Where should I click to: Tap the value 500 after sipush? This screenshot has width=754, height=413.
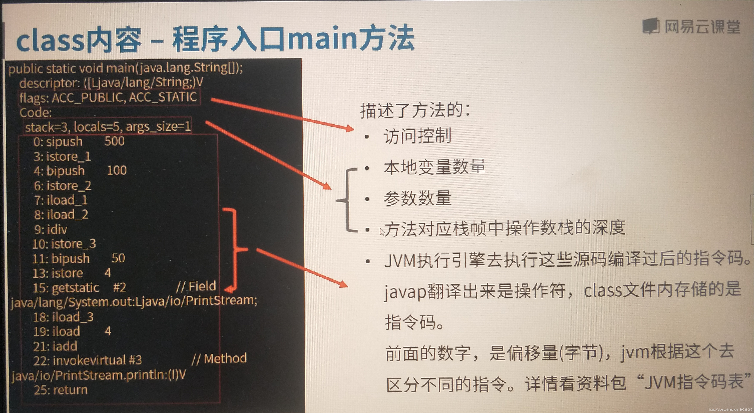[114, 141]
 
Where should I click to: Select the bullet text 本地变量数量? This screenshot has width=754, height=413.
[435, 167]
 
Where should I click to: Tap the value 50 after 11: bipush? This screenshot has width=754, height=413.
[118, 258]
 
